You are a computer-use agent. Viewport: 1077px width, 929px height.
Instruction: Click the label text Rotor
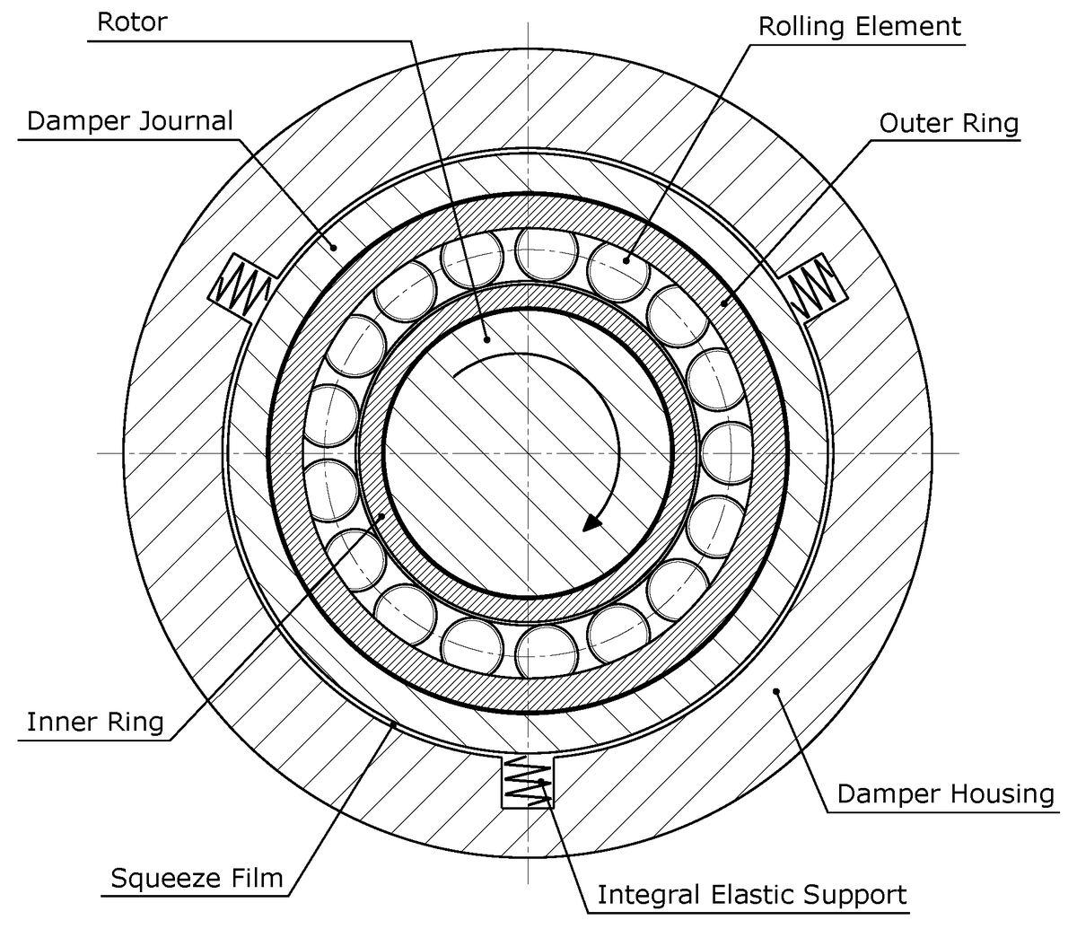coord(131,22)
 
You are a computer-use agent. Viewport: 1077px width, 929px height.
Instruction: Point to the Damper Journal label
coord(129,120)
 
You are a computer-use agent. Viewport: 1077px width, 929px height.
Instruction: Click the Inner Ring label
coord(95,721)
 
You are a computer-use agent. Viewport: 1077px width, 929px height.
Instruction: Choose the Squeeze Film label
coord(196,877)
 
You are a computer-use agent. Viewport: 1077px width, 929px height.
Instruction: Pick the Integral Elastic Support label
coord(751,894)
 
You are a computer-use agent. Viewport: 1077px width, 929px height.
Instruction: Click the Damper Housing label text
coord(944,793)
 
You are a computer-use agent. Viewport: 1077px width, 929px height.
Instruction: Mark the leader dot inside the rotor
coord(486,339)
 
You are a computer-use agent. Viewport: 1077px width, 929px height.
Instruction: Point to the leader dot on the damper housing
coord(777,689)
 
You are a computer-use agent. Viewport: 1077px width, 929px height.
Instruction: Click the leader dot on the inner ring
coord(383,515)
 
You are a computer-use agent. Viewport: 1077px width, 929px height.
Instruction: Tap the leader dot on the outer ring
coord(723,303)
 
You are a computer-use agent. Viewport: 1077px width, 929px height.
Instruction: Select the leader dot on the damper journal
coord(331,245)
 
